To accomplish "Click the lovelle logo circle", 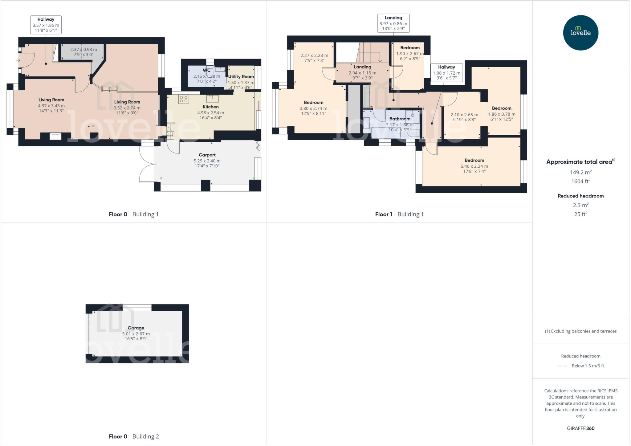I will (x=580, y=33).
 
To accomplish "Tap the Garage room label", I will (x=136, y=328).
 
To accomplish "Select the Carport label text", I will (x=207, y=155).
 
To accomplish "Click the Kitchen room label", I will (x=211, y=107).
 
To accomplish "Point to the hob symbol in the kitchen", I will (x=184, y=99).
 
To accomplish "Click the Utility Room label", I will (x=241, y=77).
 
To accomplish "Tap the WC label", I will (x=206, y=71).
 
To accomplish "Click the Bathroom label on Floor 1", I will (x=400, y=119).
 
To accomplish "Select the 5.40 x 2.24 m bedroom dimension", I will (x=474, y=166).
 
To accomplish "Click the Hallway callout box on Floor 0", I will (x=46, y=25).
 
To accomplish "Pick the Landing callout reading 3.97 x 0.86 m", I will (x=393, y=23).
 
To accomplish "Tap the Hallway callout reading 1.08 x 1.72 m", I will (x=446, y=72).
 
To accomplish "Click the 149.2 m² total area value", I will (x=580, y=173).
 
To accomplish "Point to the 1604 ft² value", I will (x=580, y=182).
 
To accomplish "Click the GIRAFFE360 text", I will (x=580, y=428).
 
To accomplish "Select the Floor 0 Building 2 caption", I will (x=134, y=436).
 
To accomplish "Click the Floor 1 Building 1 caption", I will (x=399, y=215).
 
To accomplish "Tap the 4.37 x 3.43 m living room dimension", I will (x=51, y=106).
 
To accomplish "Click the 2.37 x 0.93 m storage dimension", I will (x=83, y=50).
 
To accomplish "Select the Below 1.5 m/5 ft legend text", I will (x=588, y=366).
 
